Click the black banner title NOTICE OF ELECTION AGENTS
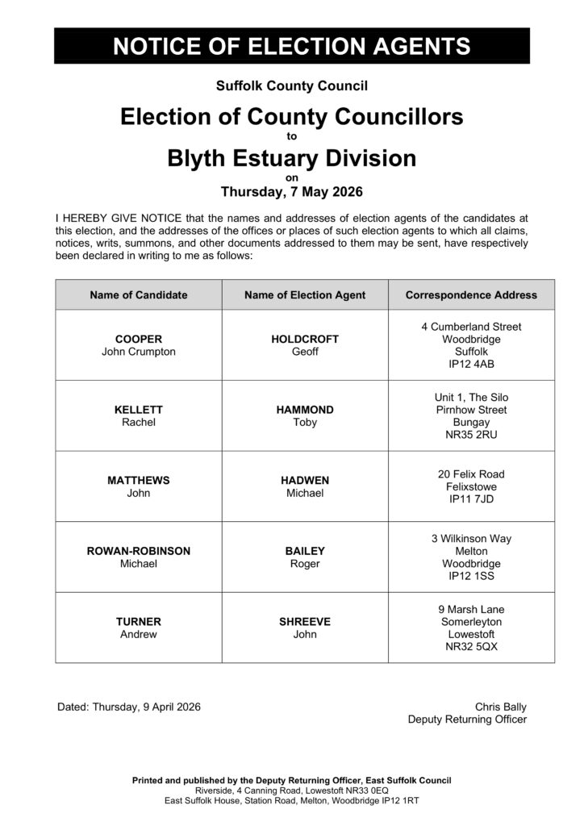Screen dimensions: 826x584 292,46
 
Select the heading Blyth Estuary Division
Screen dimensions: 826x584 292,158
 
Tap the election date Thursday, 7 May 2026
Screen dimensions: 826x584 292,192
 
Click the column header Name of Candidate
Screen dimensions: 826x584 139,295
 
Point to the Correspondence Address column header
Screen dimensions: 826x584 471,295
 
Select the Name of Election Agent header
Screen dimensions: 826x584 305,295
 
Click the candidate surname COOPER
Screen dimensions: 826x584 139,340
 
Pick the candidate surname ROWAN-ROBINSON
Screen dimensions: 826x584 139,551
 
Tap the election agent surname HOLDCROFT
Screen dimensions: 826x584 305,340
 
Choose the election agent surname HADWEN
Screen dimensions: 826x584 305,480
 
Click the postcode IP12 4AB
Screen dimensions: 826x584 471,365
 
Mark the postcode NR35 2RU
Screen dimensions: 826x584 471,436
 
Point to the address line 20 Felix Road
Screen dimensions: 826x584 471,474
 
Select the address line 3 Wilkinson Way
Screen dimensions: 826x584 471,538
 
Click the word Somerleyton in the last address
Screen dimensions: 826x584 471,622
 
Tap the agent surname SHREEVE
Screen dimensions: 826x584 305,622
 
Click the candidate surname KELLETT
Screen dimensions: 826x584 139,410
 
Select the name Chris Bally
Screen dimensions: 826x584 500,707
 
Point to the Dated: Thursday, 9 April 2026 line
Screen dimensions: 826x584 129,707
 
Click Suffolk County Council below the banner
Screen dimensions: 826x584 292,85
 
